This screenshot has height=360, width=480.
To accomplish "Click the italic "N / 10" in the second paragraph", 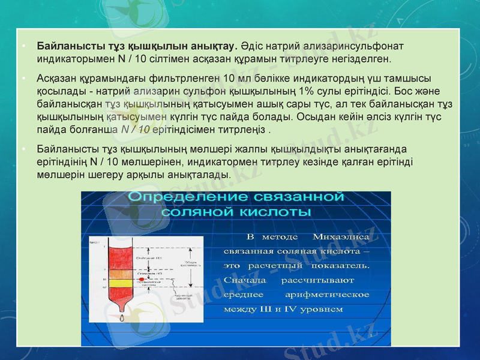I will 136,129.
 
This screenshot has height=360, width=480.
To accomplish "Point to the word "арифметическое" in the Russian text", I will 328,295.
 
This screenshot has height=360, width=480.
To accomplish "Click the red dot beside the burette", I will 140,280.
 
